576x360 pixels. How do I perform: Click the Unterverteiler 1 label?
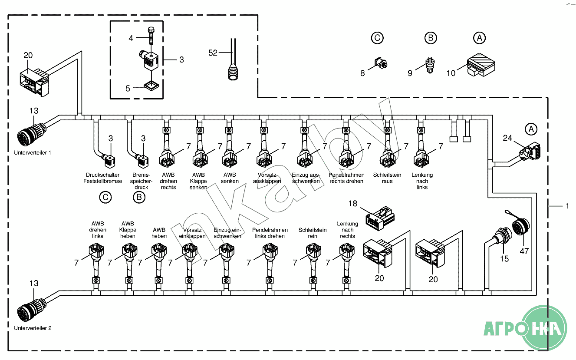click(x=32, y=153)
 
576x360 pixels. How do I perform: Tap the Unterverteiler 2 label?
click(x=33, y=328)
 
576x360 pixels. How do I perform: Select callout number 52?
click(x=213, y=53)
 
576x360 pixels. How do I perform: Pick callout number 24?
click(x=507, y=139)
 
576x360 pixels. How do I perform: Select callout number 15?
click(x=504, y=259)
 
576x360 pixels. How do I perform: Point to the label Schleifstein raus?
click(x=387, y=178)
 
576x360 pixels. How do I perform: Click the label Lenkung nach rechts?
click(x=348, y=230)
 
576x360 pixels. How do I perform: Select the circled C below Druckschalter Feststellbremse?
click(x=105, y=198)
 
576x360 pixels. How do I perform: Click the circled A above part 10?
click(x=479, y=38)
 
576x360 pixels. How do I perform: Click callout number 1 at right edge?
click(x=566, y=206)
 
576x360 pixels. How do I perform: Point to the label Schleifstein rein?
click(x=313, y=233)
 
